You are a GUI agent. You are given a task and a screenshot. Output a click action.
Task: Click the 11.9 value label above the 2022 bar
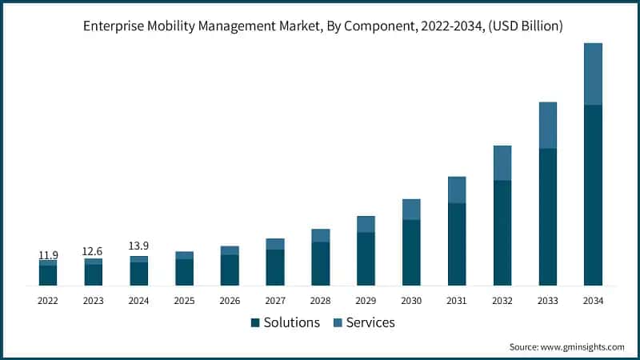48,255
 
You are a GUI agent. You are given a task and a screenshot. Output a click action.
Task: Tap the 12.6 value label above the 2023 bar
94,252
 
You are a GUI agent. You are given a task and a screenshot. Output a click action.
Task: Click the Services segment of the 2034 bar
593,74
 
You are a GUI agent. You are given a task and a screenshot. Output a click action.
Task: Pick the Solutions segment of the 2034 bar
593,195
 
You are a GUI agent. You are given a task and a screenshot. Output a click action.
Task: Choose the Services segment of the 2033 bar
547,125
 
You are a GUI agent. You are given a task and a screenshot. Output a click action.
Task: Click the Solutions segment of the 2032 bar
502,233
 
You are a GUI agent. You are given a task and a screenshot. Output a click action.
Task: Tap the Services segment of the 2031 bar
457,190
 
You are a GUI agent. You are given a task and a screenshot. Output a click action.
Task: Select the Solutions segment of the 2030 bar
411,253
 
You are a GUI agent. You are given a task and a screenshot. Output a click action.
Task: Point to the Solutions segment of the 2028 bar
321,264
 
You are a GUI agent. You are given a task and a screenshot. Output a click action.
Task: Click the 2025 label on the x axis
184,301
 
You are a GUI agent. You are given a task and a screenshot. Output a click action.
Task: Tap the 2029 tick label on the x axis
366,301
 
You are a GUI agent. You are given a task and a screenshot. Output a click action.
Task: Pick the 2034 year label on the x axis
593,301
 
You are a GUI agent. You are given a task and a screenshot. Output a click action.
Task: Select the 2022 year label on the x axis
48,301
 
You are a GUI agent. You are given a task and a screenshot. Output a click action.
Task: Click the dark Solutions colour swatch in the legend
255,322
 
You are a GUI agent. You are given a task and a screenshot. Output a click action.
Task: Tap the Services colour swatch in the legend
337,322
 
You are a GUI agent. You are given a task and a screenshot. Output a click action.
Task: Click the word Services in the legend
370,322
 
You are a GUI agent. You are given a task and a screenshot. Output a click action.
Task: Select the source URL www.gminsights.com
582,346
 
